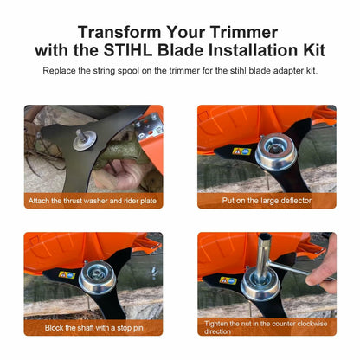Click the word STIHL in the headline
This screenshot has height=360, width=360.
(128, 50)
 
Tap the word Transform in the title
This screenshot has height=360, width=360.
(119, 32)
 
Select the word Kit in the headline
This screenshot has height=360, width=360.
(314, 50)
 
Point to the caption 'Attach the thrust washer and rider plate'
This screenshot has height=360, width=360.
(93, 201)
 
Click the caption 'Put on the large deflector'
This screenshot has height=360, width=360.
(267, 201)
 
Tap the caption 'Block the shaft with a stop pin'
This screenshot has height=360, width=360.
(94, 328)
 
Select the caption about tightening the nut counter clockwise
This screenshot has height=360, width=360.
(266, 327)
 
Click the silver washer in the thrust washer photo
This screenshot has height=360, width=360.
(84, 139)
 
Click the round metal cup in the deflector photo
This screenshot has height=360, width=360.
(276, 151)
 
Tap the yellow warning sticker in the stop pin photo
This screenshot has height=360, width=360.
(67, 274)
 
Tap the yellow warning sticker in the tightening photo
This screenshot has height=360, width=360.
(228, 280)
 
